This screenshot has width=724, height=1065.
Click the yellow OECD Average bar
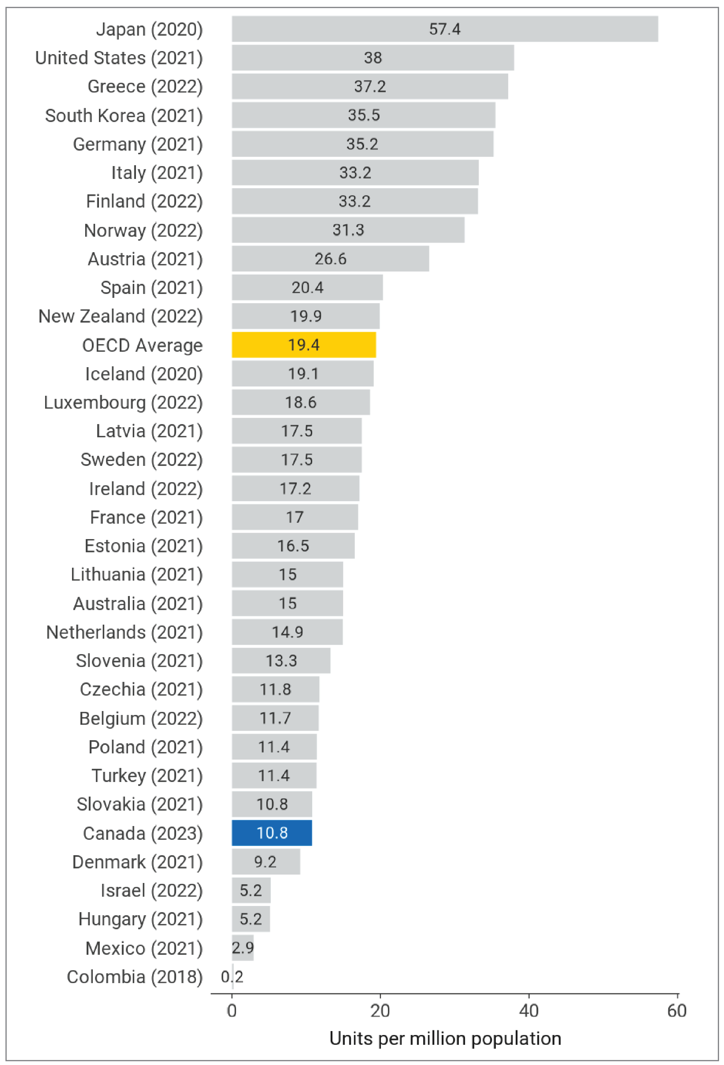[x=303, y=345]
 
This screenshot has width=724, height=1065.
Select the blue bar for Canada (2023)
[x=272, y=833]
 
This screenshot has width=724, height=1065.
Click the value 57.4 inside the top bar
[x=444, y=29]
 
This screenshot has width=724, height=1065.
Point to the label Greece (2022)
[x=145, y=86]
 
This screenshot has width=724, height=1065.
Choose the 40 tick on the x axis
[x=528, y=1011]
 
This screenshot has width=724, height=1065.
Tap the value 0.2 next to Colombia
[x=232, y=977]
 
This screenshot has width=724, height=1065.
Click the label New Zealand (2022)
[x=120, y=316]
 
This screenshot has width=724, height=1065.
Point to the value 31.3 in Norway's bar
[x=348, y=230]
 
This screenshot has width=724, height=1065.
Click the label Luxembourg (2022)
[x=123, y=402]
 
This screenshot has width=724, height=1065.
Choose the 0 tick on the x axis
[x=232, y=1011]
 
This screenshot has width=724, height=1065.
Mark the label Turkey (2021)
[x=147, y=775]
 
